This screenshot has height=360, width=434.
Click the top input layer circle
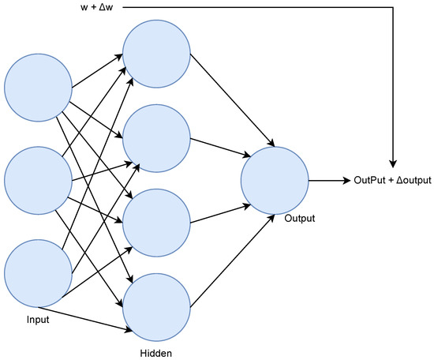click(x=38, y=86)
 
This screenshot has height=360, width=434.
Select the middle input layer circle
click(x=38, y=180)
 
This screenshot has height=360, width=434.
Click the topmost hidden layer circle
click(x=156, y=51)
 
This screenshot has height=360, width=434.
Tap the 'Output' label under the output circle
click(x=299, y=217)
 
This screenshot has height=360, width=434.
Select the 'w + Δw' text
click(x=99, y=7)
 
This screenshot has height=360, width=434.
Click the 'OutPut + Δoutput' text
click(x=392, y=181)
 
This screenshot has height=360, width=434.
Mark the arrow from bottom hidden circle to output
click(x=229, y=264)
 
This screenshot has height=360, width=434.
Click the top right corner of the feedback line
click(x=391, y=7)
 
